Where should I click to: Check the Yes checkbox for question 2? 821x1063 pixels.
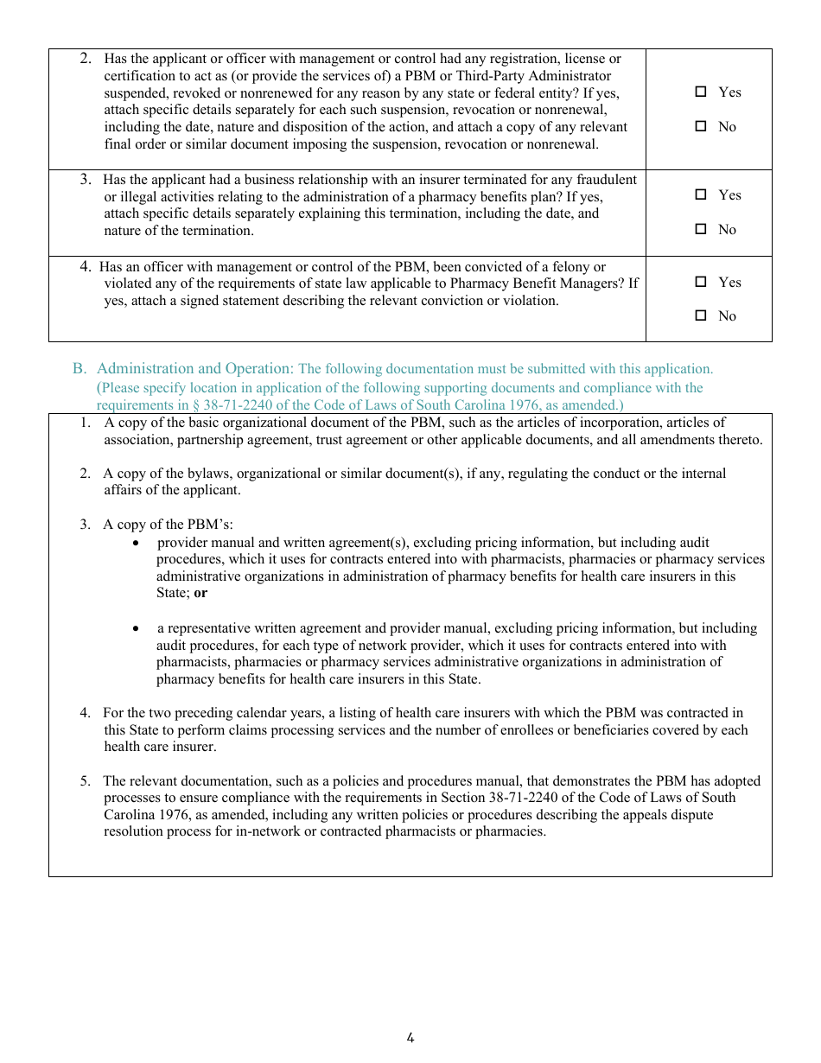(701, 92)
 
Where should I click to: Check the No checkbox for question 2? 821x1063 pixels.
(701, 126)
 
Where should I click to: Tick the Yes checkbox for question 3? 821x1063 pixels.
(701, 194)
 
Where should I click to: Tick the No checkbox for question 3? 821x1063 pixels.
(701, 229)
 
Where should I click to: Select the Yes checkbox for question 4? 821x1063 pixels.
(701, 282)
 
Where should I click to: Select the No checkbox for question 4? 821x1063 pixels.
(701, 315)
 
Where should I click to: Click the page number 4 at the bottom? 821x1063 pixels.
(410, 1038)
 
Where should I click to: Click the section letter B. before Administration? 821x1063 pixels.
(80, 369)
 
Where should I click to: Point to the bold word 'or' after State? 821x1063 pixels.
(200, 593)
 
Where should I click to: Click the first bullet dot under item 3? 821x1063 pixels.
(137, 543)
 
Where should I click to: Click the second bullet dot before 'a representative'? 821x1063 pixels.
(137, 628)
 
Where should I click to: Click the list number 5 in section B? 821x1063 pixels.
(86, 781)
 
